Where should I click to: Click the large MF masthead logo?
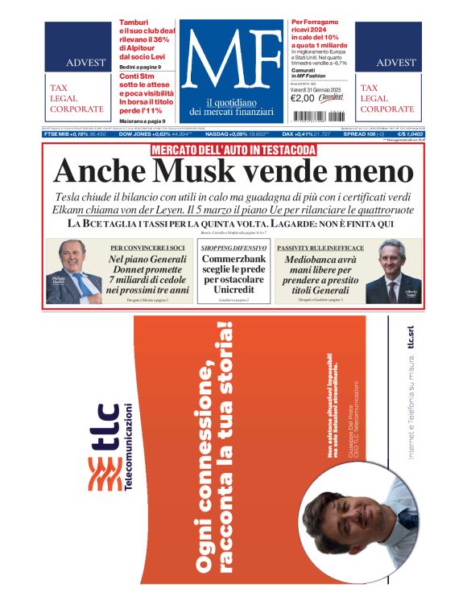pos(233,64)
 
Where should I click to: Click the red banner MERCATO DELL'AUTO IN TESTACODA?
pos(233,150)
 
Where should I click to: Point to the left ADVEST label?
pos(83,62)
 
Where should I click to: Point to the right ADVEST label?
pos(396,62)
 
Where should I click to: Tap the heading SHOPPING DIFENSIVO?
pos(234,248)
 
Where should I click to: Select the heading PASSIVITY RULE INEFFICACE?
pos(320,248)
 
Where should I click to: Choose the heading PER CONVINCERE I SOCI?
pos(150,248)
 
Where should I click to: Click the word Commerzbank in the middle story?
pos(234,260)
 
